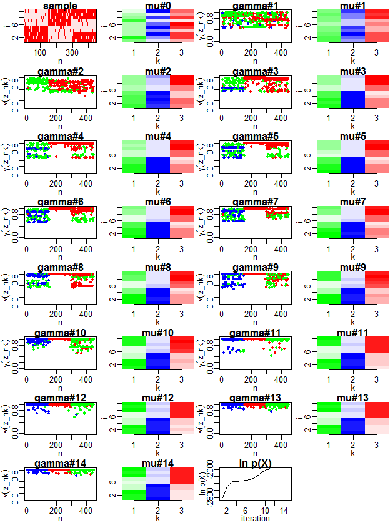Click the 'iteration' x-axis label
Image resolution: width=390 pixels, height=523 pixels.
[x=255, y=518]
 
